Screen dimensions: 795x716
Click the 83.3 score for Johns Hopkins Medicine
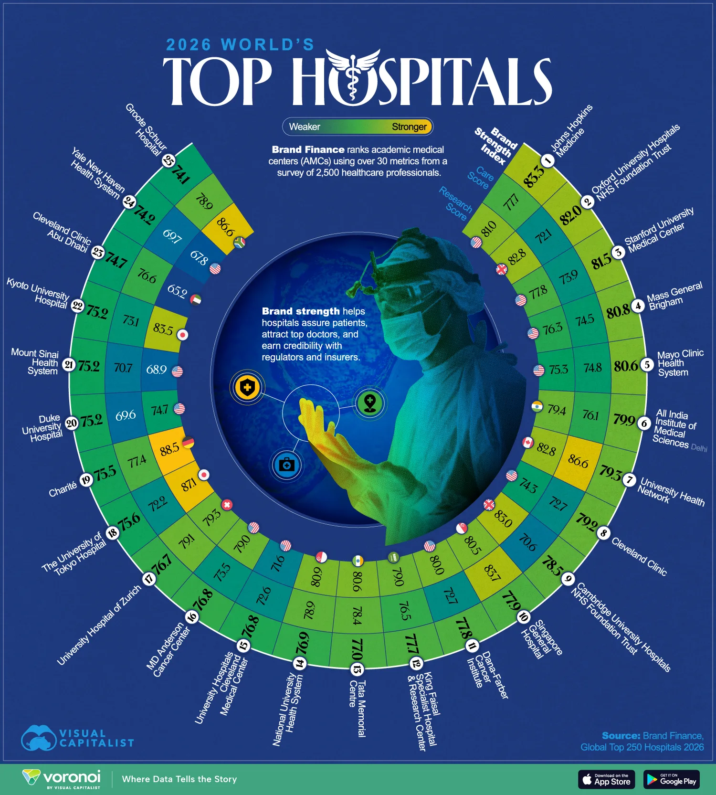click(x=533, y=176)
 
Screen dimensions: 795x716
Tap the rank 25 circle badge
click(x=168, y=160)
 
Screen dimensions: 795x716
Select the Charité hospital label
click(x=63, y=489)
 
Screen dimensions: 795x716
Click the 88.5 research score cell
click(x=169, y=449)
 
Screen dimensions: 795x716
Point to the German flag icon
click(x=189, y=442)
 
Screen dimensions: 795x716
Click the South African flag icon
click(x=240, y=243)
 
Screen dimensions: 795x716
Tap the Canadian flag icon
click(x=527, y=443)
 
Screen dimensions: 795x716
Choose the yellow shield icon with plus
click(x=247, y=387)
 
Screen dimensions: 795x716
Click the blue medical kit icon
click(x=286, y=464)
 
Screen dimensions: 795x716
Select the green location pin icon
click(x=370, y=403)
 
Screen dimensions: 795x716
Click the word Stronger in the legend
click(x=409, y=127)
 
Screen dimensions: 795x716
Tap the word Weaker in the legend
click(x=305, y=127)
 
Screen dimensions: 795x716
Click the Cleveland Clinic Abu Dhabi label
click(x=61, y=232)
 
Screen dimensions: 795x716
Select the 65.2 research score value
click(x=177, y=291)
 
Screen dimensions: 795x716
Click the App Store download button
click(x=607, y=779)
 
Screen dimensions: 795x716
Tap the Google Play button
click(x=671, y=779)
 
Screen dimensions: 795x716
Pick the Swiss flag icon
click(x=227, y=505)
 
